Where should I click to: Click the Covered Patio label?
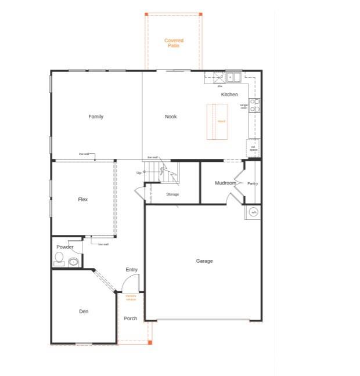174,43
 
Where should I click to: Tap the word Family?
96,117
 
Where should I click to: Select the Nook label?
171,117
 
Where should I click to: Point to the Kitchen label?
229,95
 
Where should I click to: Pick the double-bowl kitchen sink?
233,77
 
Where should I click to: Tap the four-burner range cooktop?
255,105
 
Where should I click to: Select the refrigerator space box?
253,147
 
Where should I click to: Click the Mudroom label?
225,183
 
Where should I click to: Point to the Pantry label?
253,183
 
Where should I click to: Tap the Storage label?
172,194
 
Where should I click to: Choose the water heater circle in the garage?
253,212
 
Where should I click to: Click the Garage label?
204,261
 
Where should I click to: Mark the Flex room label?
83,200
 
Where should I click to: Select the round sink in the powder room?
73,262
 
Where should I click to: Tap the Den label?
84,312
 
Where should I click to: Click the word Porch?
131,319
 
